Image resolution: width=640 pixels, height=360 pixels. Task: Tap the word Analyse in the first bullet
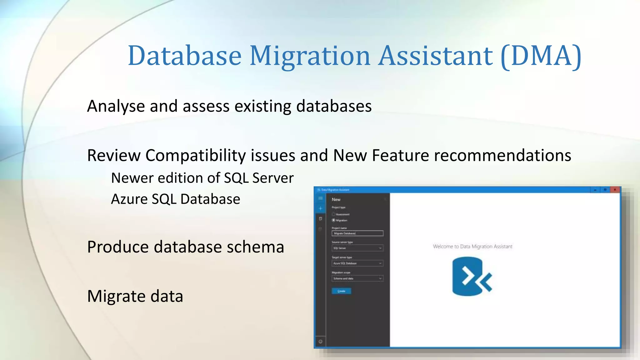[x=116, y=106]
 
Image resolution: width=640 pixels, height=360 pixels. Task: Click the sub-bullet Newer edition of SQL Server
[x=202, y=178]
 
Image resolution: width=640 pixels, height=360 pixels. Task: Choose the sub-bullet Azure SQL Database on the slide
[x=176, y=199]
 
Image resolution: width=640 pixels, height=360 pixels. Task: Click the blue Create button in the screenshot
[x=341, y=291]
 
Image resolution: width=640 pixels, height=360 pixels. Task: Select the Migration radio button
[x=333, y=220]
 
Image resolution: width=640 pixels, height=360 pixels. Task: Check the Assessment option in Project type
[x=333, y=214]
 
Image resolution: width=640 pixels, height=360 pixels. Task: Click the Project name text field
[x=357, y=233]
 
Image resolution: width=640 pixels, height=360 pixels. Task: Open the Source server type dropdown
[x=357, y=248]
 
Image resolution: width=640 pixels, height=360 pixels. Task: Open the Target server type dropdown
[x=357, y=263]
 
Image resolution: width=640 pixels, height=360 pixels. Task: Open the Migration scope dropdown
[x=357, y=278]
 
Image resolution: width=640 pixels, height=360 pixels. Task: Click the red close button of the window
[x=614, y=190]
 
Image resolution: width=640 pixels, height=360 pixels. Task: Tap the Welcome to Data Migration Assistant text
[x=472, y=247]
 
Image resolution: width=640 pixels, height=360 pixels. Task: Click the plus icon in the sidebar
[x=320, y=208]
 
